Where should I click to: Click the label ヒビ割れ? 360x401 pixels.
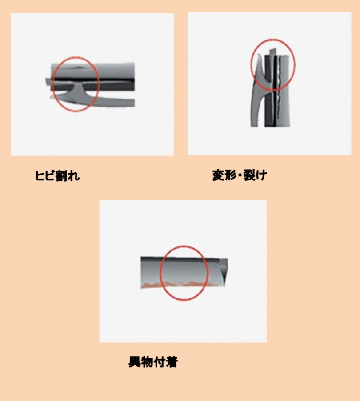pos(57,176)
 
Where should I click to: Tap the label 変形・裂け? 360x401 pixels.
pos(240,175)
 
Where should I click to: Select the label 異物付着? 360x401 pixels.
pos(153,362)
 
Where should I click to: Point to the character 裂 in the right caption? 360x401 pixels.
pos(249,175)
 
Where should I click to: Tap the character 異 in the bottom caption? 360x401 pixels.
pos(134,362)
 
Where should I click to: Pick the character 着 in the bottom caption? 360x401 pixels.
pos(172,362)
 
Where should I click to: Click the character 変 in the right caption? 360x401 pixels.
pos(218,175)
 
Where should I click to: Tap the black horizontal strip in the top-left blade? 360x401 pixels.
pos(92,79)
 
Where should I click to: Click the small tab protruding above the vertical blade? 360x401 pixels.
pos(273,52)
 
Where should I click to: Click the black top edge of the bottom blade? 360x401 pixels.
pos(180,259)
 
